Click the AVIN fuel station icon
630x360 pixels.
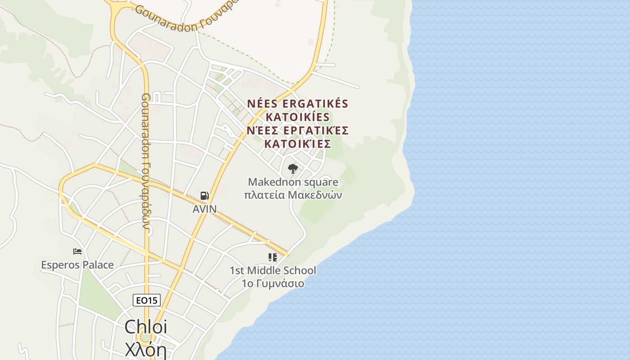point(204,196)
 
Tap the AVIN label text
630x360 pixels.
point(205,209)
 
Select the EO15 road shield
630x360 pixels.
point(147,300)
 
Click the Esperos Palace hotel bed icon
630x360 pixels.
point(77,252)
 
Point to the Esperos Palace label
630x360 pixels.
point(77,265)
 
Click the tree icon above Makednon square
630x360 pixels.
point(293,169)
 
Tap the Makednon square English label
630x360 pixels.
point(293,182)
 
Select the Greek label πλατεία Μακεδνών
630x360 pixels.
point(293,195)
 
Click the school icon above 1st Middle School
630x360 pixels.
point(272,257)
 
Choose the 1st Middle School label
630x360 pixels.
point(273,270)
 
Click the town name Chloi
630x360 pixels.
point(145,327)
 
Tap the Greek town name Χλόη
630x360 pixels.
point(145,349)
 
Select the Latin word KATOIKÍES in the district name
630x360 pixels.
point(297,117)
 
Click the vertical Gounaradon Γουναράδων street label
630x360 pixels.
point(146,161)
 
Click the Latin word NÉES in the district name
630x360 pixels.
point(261,103)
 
